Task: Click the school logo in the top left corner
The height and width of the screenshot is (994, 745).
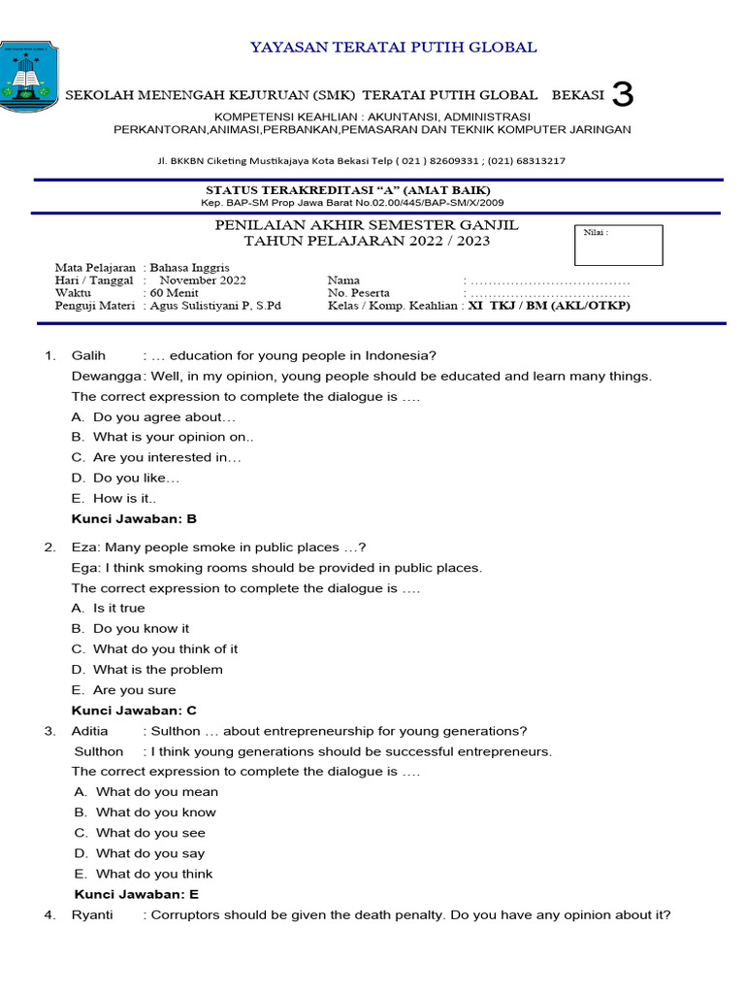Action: pos(28,77)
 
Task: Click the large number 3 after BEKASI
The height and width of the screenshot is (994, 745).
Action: pos(624,95)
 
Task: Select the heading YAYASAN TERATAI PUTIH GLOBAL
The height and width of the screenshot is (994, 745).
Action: pos(394,47)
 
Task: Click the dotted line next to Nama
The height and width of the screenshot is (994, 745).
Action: pos(549,281)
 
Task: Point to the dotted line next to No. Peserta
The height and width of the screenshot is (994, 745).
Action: pos(549,293)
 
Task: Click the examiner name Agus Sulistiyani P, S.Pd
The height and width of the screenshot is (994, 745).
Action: pos(213,306)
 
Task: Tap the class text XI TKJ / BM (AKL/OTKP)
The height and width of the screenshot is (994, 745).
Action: pos(549,306)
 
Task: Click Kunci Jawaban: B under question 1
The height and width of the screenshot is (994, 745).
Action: pos(134,518)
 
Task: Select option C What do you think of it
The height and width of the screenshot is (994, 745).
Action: pos(165,648)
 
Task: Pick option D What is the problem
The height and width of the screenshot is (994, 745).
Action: pos(157,669)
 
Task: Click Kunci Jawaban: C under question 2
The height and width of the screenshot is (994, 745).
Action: pos(134,711)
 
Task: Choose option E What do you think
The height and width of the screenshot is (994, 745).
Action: pos(154,874)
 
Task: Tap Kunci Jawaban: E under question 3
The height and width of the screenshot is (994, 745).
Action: pos(137,894)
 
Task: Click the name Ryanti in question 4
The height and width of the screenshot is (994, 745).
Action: pos(92,914)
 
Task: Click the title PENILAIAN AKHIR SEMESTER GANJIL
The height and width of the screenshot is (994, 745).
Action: pos(367,225)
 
